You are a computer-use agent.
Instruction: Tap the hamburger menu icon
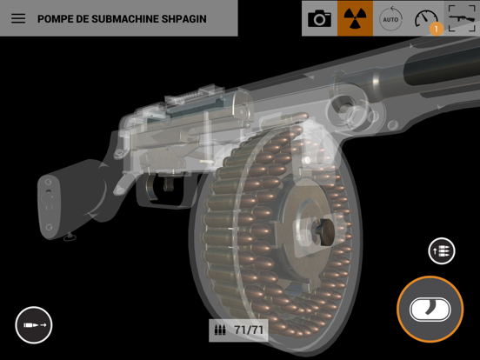[x=18, y=18]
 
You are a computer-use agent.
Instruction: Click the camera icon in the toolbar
[x=319, y=18]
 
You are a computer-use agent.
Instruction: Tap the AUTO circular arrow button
[x=390, y=18]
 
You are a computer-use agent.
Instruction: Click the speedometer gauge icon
[x=426, y=17]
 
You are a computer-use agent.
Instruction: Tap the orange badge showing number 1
[x=436, y=29]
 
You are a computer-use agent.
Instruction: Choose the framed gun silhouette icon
[x=462, y=18]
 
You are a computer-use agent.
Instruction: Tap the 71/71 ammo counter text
[x=249, y=330]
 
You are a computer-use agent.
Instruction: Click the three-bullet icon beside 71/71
[x=221, y=330]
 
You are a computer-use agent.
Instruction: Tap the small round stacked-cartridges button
[x=442, y=251]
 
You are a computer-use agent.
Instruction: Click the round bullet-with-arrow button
[x=34, y=325]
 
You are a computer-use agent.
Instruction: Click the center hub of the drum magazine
[x=318, y=230]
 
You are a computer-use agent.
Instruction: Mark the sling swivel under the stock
[x=70, y=237]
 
